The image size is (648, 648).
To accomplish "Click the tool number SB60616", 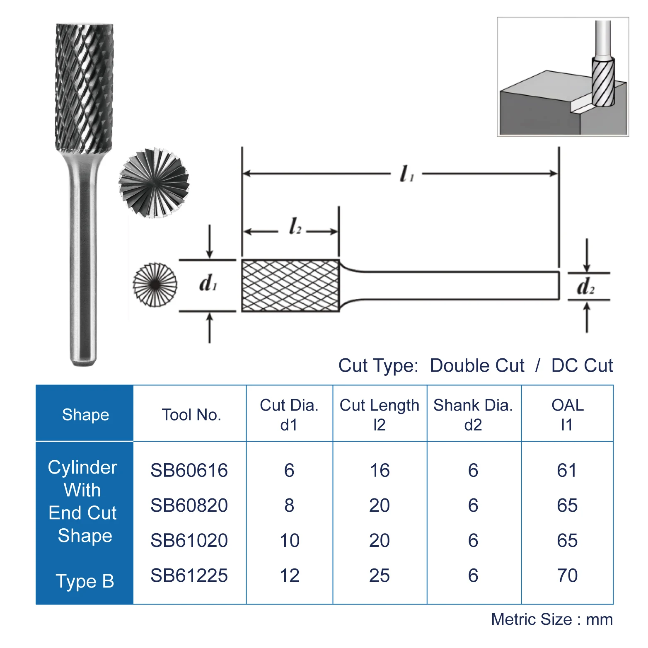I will click(189, 470).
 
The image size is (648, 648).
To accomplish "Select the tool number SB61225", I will click(189, 575).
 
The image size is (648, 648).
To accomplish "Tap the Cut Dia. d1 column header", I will click(289, 414).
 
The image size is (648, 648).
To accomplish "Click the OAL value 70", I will click(567, 575).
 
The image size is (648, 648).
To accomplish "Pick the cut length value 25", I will click(380, 575).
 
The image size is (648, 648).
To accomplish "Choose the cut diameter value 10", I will click(289, 540).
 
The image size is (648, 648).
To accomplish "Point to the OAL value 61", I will click(567, 470).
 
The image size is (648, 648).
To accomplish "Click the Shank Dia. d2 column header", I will click(473, 414).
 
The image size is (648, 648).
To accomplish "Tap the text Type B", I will click(85, 581).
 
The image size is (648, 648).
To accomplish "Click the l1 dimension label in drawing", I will click(406, 174).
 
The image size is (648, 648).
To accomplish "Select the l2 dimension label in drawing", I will click(295, 227).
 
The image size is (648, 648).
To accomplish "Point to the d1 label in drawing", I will click(208, 283).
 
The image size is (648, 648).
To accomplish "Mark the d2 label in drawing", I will click(585, 286).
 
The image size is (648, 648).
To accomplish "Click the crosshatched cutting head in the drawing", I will click(290, 285).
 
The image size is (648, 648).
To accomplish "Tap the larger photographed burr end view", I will click(154, 183).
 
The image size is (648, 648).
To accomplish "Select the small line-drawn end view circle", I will click(155, 285).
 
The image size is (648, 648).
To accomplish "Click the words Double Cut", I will click(477, 365).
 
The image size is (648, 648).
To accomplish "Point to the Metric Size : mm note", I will click(551, 619).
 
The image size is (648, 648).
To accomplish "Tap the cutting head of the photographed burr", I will click(85, 87).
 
